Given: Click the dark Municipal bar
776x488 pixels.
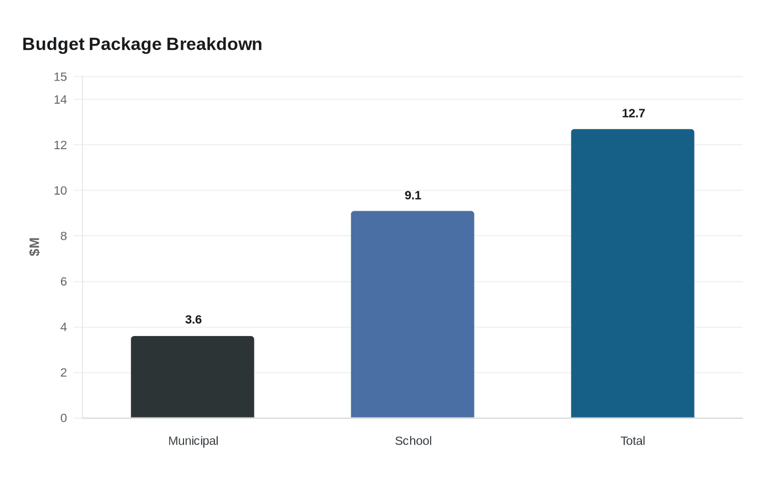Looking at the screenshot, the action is [x=193, y=377].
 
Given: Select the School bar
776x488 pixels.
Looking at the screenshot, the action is [x=412, y=314].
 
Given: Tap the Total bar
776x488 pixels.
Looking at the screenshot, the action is [x=632, y=273].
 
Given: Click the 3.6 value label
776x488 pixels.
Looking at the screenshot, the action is [x=193, y=319].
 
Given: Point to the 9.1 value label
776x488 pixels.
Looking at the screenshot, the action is [x=413, y=195].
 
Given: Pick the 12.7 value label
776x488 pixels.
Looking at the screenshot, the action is [x=633, y=113].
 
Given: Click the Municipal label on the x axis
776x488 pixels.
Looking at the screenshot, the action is [x=193, y=441].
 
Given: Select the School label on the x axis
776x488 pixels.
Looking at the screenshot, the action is [x=413, y=441].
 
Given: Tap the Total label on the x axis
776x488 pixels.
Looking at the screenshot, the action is [x=632, y=441].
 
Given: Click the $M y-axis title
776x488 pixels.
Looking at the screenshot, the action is [x=34, y=247].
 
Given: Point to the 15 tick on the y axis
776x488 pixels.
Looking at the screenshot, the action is [x=60, y=77].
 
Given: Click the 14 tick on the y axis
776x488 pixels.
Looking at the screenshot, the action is [x=60, y=100].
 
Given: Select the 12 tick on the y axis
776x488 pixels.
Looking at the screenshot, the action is [x=60, y=145].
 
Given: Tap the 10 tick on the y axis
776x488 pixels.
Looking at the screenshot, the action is [x=60, y=191].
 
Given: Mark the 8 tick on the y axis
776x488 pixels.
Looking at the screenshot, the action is [x=63, y=236].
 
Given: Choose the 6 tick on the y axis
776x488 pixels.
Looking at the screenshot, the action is [x=63, y=282].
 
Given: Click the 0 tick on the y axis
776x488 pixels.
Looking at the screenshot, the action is [x=63, y=418].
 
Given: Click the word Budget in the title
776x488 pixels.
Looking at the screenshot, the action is [x=53, y=44].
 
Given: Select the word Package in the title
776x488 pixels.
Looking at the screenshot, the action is [x=125, y=44].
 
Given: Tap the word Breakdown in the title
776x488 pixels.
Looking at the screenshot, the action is [x=214, y=44].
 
